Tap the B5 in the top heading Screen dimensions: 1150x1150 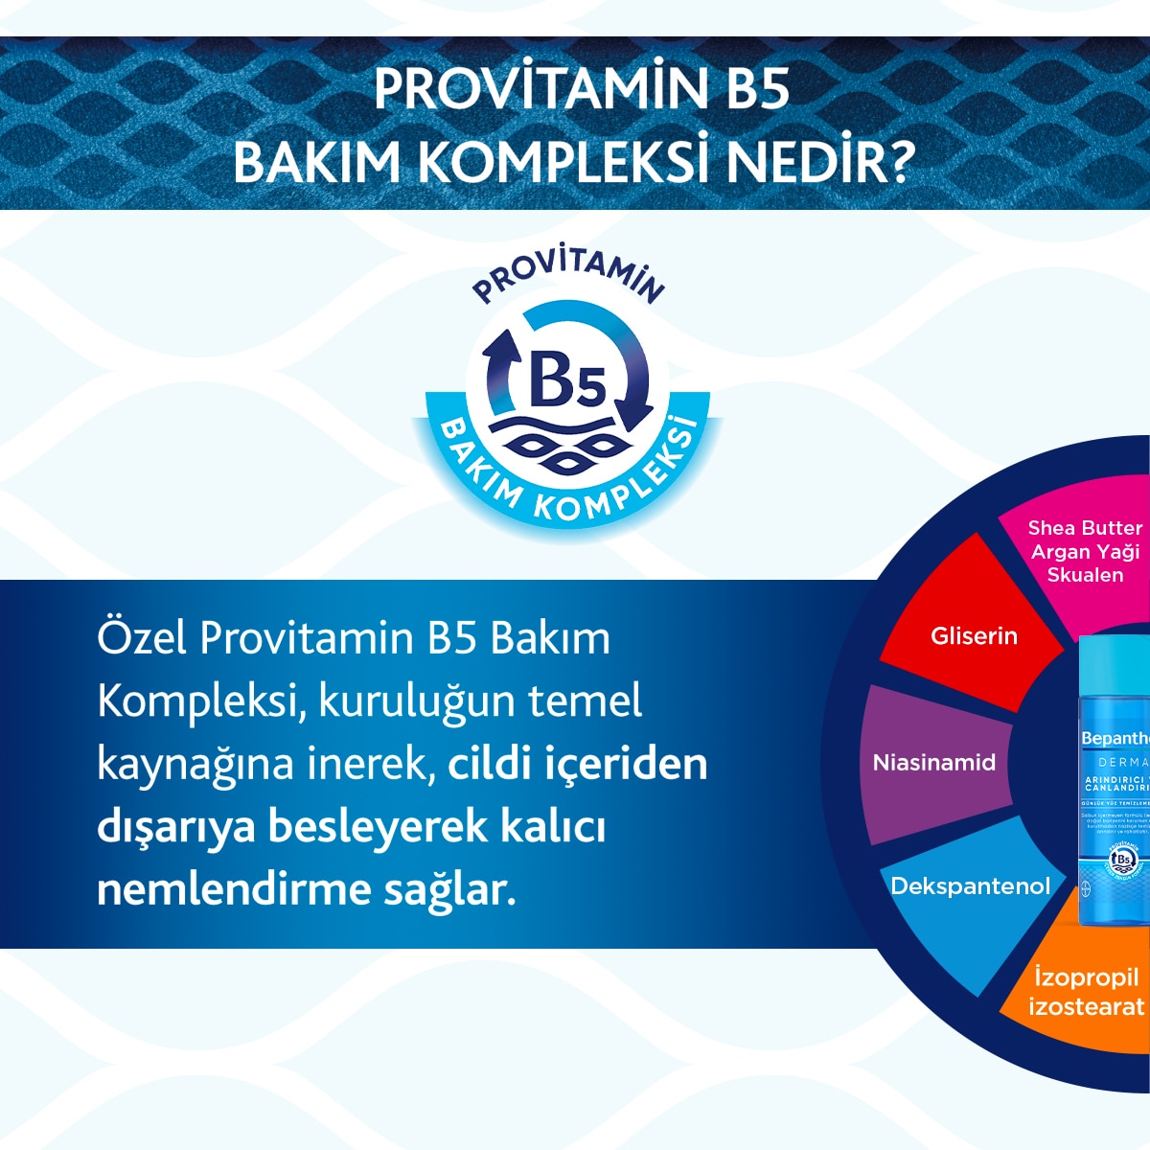751,89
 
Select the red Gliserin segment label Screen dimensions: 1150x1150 974,636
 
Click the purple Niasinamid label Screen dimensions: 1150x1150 934,763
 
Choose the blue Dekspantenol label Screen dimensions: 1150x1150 970,886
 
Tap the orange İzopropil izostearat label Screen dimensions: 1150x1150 1086,992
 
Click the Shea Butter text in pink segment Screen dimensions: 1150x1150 1085,528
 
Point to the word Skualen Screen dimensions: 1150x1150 1085,575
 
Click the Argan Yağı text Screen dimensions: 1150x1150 1085,552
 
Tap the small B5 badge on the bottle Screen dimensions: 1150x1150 1121,860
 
